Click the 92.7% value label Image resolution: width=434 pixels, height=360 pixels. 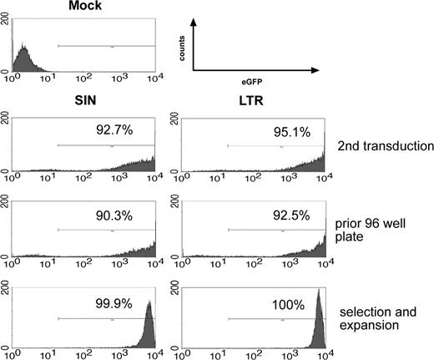[112, 131]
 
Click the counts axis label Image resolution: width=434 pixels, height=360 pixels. [183, 48]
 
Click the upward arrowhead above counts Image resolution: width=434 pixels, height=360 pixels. [194, 27]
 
